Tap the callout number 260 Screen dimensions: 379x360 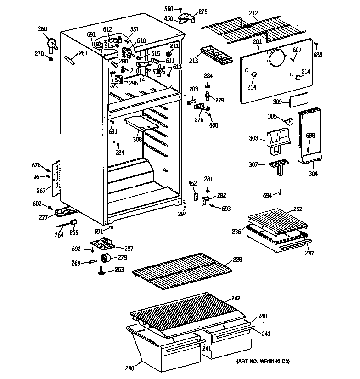pos(43,30)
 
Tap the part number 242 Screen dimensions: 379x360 pos(235,298)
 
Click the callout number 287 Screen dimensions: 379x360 pos(129,249)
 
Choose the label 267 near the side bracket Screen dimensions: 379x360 pos(41,191)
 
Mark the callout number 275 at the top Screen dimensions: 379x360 pos(202,11)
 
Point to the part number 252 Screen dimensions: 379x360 pos(298,209)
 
